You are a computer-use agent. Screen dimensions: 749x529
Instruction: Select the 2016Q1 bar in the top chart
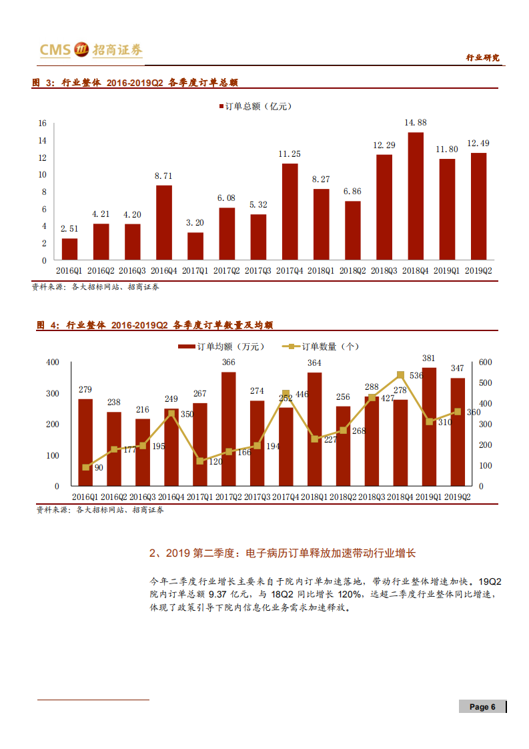pos(69,249)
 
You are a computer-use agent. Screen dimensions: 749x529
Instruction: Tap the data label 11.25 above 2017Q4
pos(290,154)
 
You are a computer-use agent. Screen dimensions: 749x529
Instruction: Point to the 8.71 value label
pos(163,176)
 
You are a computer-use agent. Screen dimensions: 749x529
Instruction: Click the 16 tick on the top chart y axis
pos(42,123)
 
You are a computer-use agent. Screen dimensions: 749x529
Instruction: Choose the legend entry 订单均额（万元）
pos(221,346)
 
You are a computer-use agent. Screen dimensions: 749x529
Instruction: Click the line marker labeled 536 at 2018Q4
pos(400,375)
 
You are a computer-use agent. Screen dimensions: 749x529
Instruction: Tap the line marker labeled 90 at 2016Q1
pos(85,467)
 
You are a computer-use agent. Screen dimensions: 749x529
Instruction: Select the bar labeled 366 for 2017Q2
pos(229,429)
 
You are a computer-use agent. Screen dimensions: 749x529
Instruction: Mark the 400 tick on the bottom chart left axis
pos(52,362)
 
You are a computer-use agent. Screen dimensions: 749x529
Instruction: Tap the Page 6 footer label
pos(482,707)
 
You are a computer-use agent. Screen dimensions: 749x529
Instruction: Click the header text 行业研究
pos(482,58)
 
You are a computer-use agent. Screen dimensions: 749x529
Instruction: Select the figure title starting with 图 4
pos(155,325)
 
